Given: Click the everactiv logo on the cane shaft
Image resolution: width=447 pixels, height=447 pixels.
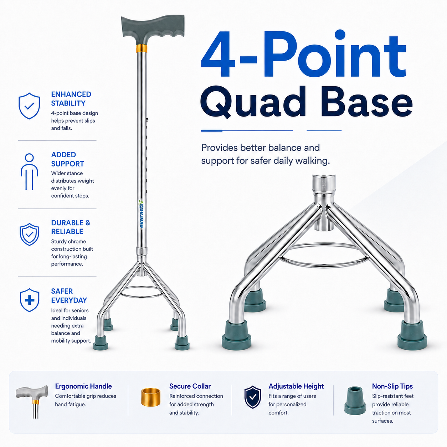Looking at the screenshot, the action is tap(141, 214).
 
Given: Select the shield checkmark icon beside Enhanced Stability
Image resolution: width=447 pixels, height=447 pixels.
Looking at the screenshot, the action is tap(29, 106).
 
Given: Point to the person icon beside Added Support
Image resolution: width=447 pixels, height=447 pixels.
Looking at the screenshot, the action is tap(29, 172).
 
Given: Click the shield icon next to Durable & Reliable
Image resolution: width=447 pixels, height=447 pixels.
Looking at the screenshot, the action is tap(29, 234).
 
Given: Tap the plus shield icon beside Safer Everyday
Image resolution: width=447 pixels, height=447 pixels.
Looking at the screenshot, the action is tap(30, 300).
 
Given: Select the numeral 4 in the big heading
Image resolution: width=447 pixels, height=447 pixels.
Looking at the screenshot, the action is tap(219, 55).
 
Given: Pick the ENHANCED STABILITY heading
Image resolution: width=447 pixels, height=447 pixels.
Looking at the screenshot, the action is tap(71, 99).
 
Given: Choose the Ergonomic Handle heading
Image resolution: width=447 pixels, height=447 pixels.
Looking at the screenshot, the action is tap(83, 386).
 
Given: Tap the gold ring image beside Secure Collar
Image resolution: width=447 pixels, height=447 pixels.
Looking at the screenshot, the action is tap(151, 397).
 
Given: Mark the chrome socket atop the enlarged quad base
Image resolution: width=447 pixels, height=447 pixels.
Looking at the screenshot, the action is tap(324, 183).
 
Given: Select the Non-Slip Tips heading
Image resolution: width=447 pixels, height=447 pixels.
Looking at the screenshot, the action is tap(392, 386).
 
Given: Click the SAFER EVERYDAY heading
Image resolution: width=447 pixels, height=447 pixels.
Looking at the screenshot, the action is tap(69, 296).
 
